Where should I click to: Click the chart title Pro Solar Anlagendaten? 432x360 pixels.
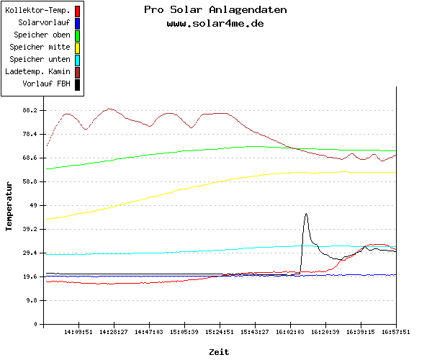click(215, 10)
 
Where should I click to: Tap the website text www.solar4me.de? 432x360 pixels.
click(215, 23)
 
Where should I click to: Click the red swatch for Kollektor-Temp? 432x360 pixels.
click(77, 11)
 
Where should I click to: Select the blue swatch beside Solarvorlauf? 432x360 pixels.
click(77, 23)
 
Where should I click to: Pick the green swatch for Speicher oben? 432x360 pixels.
click(77, 35)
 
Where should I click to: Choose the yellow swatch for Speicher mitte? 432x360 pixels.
click(77, 48)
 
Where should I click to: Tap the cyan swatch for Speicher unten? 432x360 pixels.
click(77, 60)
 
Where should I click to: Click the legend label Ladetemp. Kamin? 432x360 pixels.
click(37, 72)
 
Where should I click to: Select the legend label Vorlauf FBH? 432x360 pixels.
click(47, 84)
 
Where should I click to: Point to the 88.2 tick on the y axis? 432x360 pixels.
click(30, 110)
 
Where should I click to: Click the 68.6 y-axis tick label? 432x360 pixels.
click(30, 158)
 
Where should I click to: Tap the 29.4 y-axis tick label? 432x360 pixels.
click(30, 253)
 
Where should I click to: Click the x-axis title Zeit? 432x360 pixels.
click(219, 351)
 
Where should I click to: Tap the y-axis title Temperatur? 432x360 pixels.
click(9, 206)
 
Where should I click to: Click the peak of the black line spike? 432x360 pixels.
click(306, 214)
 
